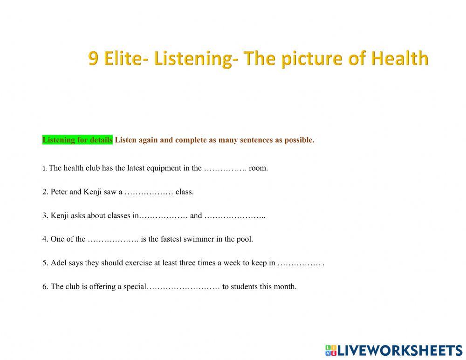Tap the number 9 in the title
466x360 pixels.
pos(94,59)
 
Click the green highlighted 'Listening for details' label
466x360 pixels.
pos(77,140)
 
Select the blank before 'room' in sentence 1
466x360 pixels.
pos(225,168)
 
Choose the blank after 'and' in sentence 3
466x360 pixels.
pos(234,215)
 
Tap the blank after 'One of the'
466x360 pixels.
pos(113,239)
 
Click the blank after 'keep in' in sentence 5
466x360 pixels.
pos(299,263)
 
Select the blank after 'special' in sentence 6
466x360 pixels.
pos(184,287)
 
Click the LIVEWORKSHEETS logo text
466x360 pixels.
pos(399,350)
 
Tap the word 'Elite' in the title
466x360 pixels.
pos(123,59)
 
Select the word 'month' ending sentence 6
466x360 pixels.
pos(286,287)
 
